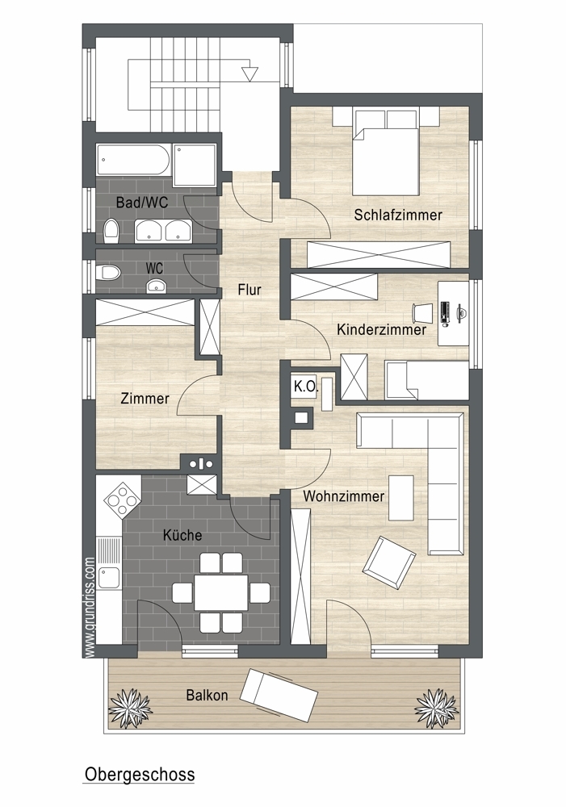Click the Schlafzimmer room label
(397, 215)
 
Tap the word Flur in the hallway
(249, 290)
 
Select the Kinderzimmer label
(382, 329)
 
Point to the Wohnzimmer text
(343, 496)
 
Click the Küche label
(182, 535)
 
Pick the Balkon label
(207, 696)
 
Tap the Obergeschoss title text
(140, 775)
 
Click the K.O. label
(306, 387)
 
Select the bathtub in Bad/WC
(133, 160)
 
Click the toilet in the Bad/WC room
(111, 231)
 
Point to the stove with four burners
(122, 499)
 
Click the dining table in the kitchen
(221, 592)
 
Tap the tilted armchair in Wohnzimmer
(389, 562)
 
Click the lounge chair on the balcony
(280, 696)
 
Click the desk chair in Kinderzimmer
(423, 312)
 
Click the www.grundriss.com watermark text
(90, 608)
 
